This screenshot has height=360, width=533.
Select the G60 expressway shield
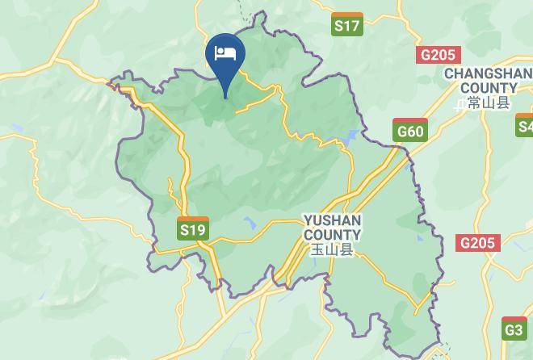pyautogui.click(x=409, y=129)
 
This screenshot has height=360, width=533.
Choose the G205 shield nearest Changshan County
pyautogui.click(x=439, y=55)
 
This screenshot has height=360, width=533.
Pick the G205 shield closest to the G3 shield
pyautogui.click(x=478, y=242)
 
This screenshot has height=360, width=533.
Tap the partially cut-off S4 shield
pyautogui.click(x=525, y=125)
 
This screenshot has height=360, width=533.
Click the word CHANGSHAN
pyautogui.click(x=487, y=73)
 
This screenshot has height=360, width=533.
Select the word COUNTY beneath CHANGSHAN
pyautogui.click(x=490, y=88)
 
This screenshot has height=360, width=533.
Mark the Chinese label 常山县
pyautogui.click(x=489, y=103)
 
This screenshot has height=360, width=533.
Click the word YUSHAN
pyautogui.click(x=332, y=220)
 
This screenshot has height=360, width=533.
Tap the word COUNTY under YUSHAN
pyautogui.click(x=332, y=234)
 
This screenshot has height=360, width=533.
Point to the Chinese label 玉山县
pyautogui.click(x=332, y=249)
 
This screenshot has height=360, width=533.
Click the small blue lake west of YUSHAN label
pyautogui.click(x=250, y=224)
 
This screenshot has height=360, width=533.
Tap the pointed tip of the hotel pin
pyautogui.click(x=225, y=98)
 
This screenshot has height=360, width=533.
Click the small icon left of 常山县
pyautogui.click(x=460, y=103)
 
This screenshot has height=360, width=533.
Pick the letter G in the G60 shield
pyautogui.click(x=401, y=132)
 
